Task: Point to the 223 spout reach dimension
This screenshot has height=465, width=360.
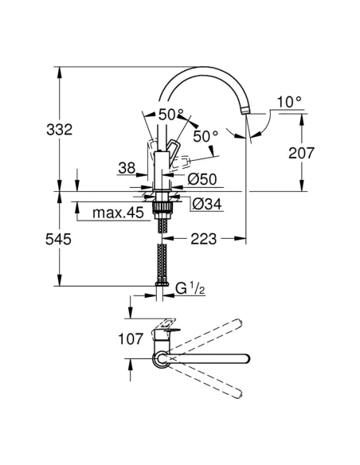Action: click(x=203, y=238)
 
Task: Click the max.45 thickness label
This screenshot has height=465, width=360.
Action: click(x=116, y=213)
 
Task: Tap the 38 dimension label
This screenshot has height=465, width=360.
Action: click(x=127, y=169)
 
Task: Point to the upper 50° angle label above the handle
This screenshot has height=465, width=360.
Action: click(x=170, y=115)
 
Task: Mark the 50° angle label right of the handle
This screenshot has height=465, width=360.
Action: click(x=205, y=136)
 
